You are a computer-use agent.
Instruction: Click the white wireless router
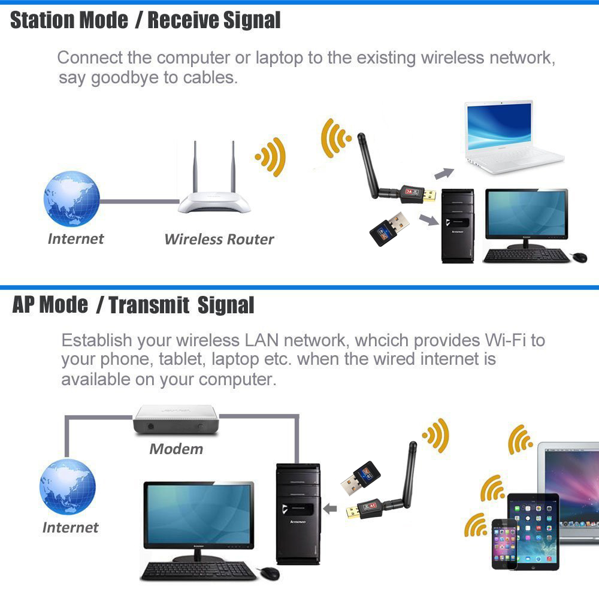214,191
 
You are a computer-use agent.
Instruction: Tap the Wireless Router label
219,240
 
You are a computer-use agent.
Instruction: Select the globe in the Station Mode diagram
72,199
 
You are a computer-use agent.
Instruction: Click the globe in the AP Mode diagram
68,486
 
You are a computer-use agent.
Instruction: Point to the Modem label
176,449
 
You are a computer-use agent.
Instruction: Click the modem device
176,419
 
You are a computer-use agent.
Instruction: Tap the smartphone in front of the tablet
504,544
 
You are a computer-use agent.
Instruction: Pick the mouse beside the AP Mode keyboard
270,573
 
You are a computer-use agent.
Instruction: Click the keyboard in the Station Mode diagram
527,255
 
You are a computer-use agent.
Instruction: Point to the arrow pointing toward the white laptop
444,174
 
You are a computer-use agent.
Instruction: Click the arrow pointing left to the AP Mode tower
329,509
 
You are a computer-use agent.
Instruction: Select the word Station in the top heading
43,20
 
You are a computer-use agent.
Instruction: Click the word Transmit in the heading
149,305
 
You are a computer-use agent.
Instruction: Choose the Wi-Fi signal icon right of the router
271,157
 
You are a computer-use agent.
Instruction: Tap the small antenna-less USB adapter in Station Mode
389,229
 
